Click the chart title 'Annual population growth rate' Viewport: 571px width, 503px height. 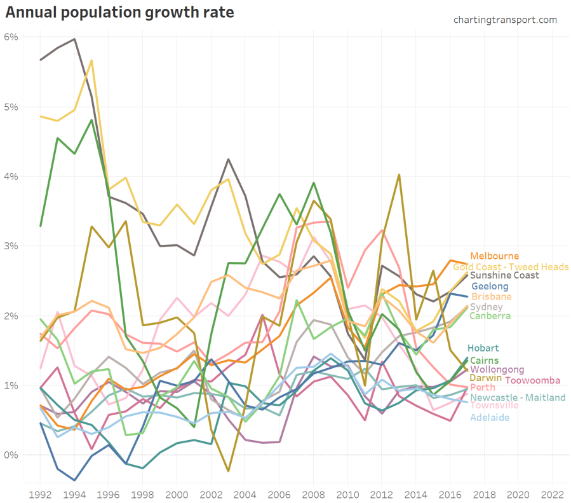tap(119, 12)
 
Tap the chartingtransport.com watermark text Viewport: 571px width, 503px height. tap(505, 20)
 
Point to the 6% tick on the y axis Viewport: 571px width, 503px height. tap(11, 37)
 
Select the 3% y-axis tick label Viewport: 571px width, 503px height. tap(11, 246)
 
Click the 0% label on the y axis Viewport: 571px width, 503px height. tap(11, 455)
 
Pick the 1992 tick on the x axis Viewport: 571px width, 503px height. tap(40, 493)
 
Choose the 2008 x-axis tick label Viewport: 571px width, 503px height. tap(313, 493)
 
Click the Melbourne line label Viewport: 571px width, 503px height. tap(494, 256)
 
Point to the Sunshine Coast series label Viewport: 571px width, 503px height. tap(504, 275)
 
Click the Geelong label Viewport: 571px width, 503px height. tap(490, 287)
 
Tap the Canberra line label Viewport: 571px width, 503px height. tap(490, 315)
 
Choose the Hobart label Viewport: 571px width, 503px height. tap(482, 348)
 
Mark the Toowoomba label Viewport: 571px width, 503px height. tap(532, 380)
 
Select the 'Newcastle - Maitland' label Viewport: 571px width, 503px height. tap(518, 397)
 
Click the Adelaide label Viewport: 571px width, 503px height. tap(490, 417)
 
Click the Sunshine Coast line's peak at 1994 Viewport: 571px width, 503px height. tap(74, 39)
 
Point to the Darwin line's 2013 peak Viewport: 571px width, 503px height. tap(398, 175)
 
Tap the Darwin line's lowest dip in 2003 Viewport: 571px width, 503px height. tap(228, 471)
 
